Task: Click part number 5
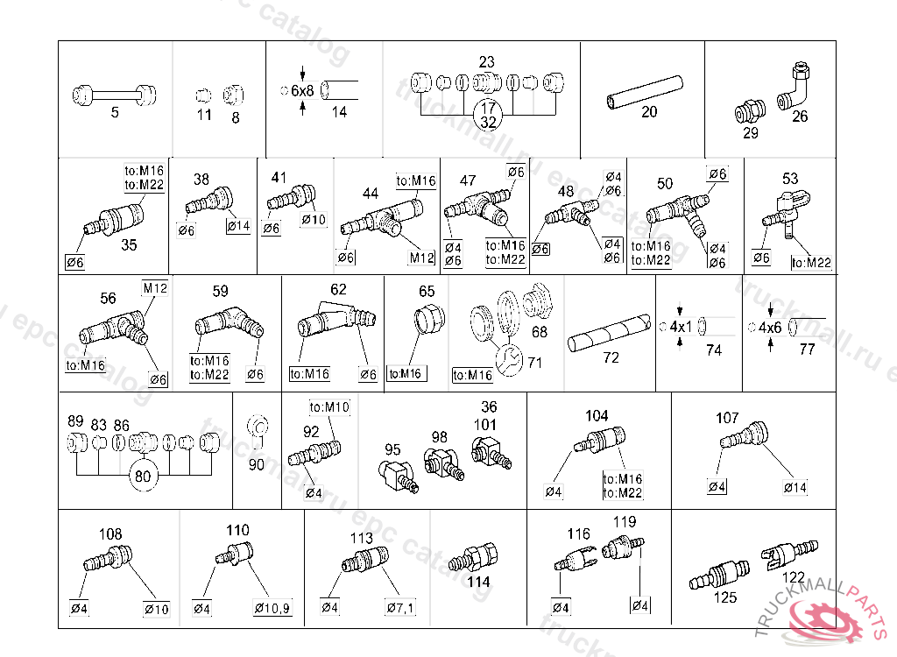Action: pos(115,112)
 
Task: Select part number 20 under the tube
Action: pos(649,112)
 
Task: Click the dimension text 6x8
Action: pos(302,91)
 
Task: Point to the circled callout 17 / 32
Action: pos(489,115)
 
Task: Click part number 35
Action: pos(129,245)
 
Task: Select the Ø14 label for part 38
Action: pos(237,227)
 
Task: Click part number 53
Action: pos(791,179)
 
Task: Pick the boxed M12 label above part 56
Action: pos(154,288)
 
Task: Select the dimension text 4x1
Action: pos(681,327)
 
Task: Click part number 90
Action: pos(256,465)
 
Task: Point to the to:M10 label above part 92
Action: pos(329,407)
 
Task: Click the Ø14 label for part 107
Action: pos(795,487)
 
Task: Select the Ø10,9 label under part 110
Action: pos(272,609)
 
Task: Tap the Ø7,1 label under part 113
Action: pos(400,609)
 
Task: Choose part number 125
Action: pos(725,598)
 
